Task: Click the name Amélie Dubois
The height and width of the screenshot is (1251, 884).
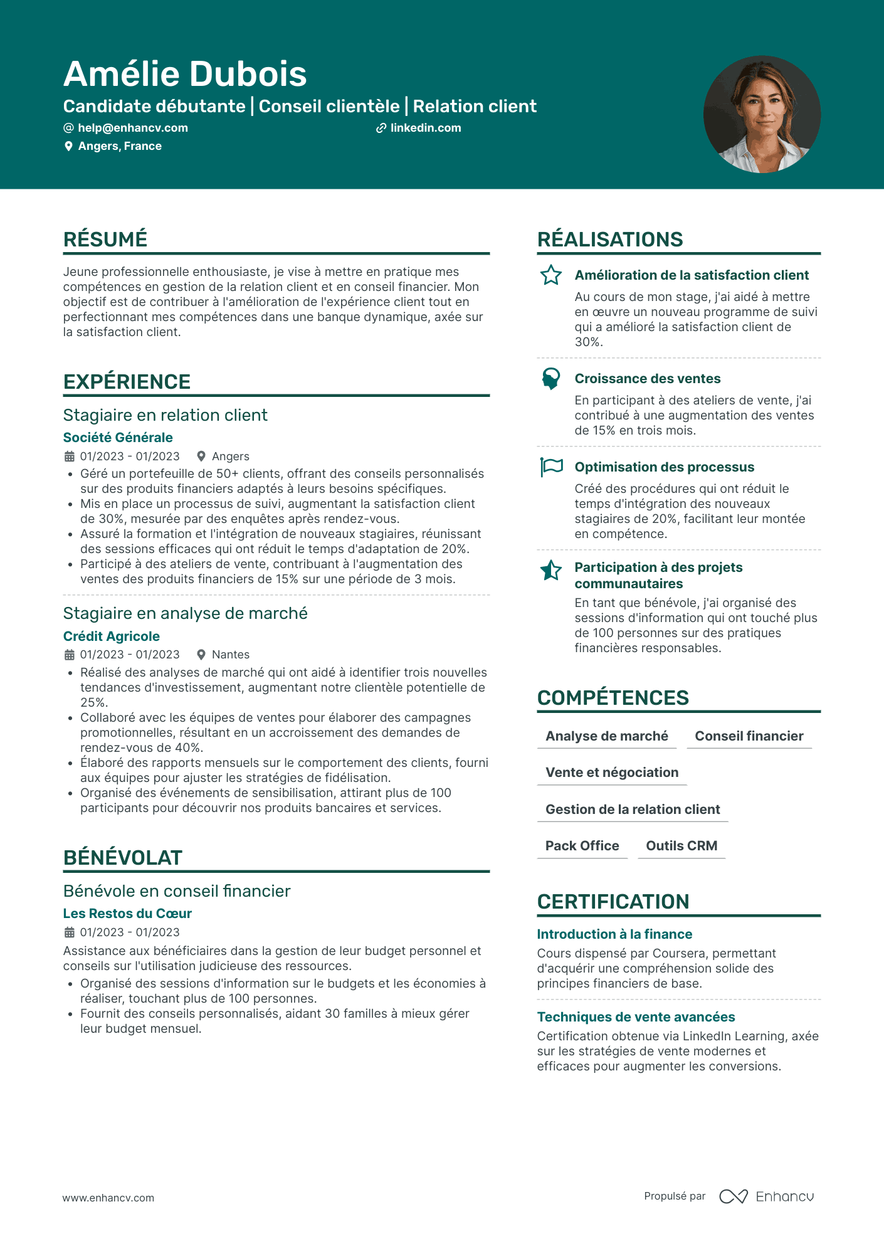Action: tap(185, 74)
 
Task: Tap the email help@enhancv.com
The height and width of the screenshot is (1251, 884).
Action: tap(132, 128)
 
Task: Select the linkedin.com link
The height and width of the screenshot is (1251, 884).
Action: tap(425, 128)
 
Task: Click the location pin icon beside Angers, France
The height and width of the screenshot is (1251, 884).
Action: tap(68, 146)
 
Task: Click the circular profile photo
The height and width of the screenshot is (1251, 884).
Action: tap(762, 114)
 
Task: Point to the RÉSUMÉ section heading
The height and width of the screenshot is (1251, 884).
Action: tap(105, 239)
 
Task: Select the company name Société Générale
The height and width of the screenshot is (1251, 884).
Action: tap(118, 438)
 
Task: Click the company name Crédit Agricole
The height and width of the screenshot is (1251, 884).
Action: tap(112, 636)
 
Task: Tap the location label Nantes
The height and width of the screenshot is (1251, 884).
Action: tap(230, 655)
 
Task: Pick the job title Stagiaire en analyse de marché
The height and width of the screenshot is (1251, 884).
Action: tap(186, 613)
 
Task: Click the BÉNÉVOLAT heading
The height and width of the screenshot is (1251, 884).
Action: tap(123, 857)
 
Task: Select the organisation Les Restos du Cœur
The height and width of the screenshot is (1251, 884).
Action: tap(127, 914)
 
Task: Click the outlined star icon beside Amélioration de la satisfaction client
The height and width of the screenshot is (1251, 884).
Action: tap(551, 275)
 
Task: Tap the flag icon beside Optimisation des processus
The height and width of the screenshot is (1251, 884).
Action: tap(552, 467)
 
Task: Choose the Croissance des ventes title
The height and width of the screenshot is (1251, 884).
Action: tap(648, 379)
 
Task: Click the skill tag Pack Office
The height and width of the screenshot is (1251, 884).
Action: tap(582, 846)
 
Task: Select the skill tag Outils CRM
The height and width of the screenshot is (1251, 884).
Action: tap(681, 846)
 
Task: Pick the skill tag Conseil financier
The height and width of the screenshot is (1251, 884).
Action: tap(749, 736)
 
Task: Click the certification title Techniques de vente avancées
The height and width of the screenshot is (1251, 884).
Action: tap(636, 1017)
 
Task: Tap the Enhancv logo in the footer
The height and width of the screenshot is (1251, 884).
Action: tap(767, 1196)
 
